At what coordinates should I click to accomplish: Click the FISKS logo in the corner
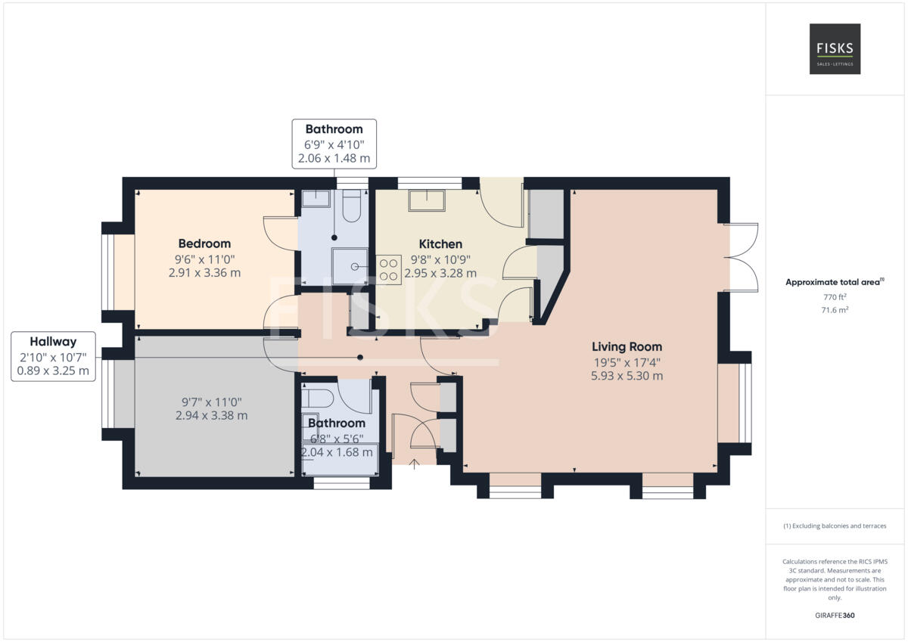pyautogui.click(x=835, y=49)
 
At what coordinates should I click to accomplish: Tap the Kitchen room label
pyautogui.click(x=440, y=244)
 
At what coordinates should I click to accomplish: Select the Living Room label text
pyautogui.click(x=627, y=347)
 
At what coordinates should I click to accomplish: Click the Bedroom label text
pyautogui.click(x=204, y=243)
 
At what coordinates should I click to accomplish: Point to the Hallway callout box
pyautogui.click(x=53, y=356)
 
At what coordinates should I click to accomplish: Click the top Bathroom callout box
pyautogui.click(x=334, y=144)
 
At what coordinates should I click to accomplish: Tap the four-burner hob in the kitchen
pyautogui.click(x=389, y=269)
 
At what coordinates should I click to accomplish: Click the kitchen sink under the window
pyautogui.click(x=428, y=200)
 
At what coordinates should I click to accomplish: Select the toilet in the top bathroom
pyautogui.click(x=351, y=206)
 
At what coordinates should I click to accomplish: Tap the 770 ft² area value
pyautogui.click(x=834, y=298)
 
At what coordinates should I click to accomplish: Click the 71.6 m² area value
pyautogui.click(x=834, y=310)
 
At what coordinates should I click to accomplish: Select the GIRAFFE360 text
pyautogui.click(x=834, y=616)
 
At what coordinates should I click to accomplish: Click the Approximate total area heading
pyautogui.click(x=834, y=282)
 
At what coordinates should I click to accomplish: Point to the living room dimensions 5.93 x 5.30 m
pyautogui.click(x=627, y=376)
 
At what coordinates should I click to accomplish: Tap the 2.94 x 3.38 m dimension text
pyautogui.click(x=211, y=415)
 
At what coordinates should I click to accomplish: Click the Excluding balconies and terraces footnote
pyautogui.click(x=834, y=526)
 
